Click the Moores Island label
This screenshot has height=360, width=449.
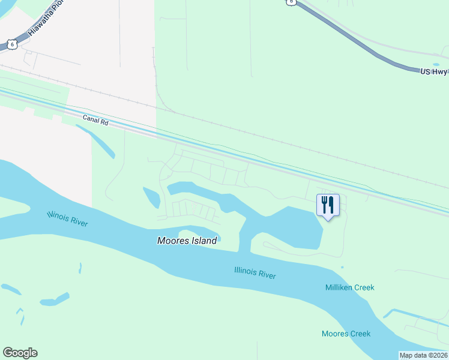[187, 241]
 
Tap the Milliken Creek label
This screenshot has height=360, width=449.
[349, 287]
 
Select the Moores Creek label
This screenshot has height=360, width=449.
[346, 334]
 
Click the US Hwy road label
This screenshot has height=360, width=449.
[434, 71]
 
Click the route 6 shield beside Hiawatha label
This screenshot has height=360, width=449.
[12, 44]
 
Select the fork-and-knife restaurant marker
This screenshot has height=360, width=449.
[328, 205]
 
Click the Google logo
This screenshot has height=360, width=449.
[20, 353]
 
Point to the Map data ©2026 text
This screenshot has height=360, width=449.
[423, 355]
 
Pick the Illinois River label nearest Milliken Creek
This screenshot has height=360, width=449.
[255, 273]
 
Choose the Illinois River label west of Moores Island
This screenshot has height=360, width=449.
[67, 219]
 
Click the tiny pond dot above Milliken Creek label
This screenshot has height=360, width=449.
[342, 267]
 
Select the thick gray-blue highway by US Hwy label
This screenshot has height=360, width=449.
[360, 42]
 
